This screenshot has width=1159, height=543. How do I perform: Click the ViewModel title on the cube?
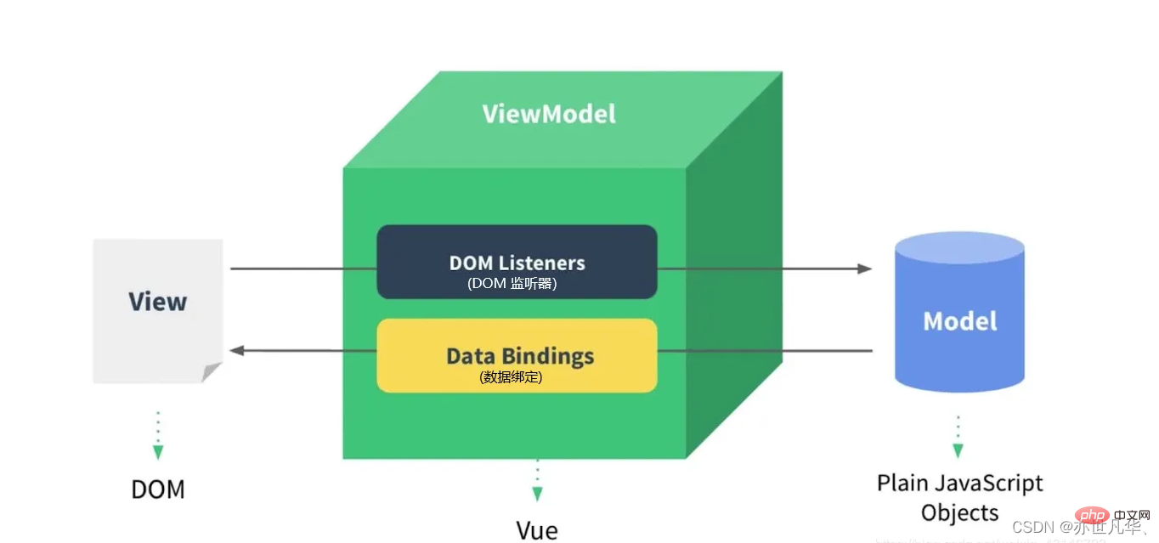[549, 114]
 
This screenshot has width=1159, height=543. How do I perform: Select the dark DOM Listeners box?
[517, 262]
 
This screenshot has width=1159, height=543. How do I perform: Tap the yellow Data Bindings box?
[517, 355]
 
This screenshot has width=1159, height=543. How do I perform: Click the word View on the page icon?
[157, 302]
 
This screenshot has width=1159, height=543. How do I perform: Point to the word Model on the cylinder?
[960, 321]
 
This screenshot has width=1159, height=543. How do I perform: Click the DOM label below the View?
[157, 489]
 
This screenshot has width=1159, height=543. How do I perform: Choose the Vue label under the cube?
[537, 530]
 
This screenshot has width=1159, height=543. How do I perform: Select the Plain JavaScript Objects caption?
[960, 498]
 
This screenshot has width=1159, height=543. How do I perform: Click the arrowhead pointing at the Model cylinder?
[865, 269]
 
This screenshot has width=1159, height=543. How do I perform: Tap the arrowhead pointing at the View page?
[238, 350]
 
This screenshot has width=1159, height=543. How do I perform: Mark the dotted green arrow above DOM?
[158, 436]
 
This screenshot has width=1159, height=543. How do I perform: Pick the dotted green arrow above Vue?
[537, 481]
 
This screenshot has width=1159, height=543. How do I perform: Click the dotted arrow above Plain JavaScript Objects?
[958, 438]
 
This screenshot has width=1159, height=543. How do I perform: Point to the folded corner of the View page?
[212, 372]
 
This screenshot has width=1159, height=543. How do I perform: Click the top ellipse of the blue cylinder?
[960, 246]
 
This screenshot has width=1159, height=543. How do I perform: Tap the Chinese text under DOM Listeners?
[512, 285]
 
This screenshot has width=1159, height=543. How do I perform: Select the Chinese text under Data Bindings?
[511, 376]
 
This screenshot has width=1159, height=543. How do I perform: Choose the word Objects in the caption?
[960, 513]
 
